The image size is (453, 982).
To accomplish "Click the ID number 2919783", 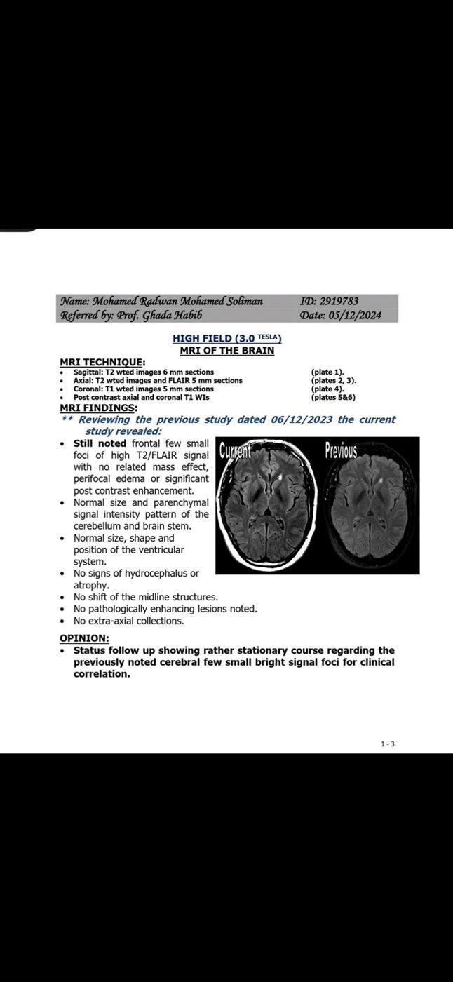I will coord(339,302).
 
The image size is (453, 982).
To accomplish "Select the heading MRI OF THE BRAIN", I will coord(226,350).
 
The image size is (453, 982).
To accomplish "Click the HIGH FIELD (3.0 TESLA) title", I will coord(227,338).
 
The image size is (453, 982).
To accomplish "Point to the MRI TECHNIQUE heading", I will coord(97,362).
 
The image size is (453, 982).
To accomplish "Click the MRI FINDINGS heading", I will coord(98,408).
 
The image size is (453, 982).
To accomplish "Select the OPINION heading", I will coord(84,638).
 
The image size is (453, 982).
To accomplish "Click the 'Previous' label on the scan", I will coord(341,450).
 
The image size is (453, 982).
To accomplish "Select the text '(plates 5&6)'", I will coord(332,397).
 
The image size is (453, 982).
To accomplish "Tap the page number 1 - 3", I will coord(388,744).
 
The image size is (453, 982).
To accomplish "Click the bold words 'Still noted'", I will coord(100,444).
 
